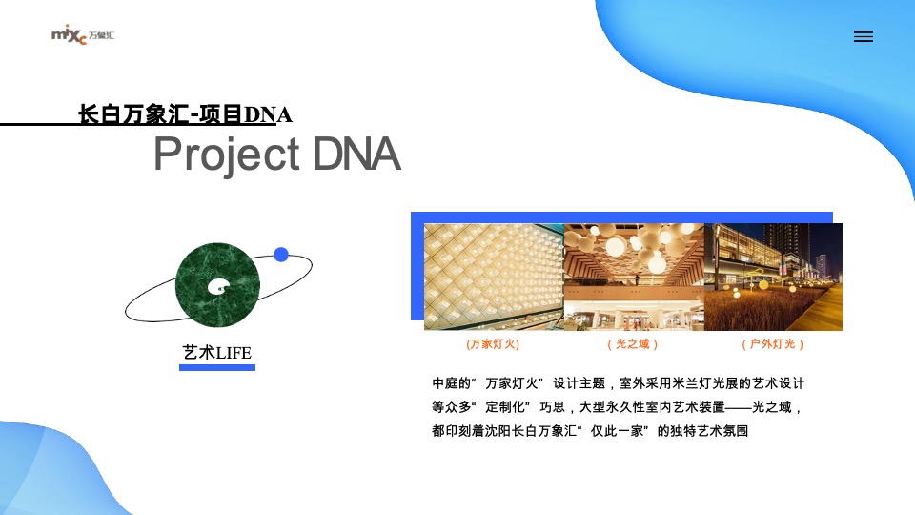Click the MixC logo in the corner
pos(82,36)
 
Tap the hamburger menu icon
pos(864,37)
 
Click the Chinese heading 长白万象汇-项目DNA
pos(185,114)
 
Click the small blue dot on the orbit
pos(281,255)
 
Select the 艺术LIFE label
pos(217,353)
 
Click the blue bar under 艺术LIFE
pos(217,367)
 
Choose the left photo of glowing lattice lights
pos(494,277)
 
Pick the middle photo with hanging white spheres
pos(634,277)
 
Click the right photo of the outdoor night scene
pos(773,277)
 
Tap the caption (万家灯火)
pos(493,343)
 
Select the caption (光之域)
pos(633,343)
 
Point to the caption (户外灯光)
pos(773,343)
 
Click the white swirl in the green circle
pos(220,284)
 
